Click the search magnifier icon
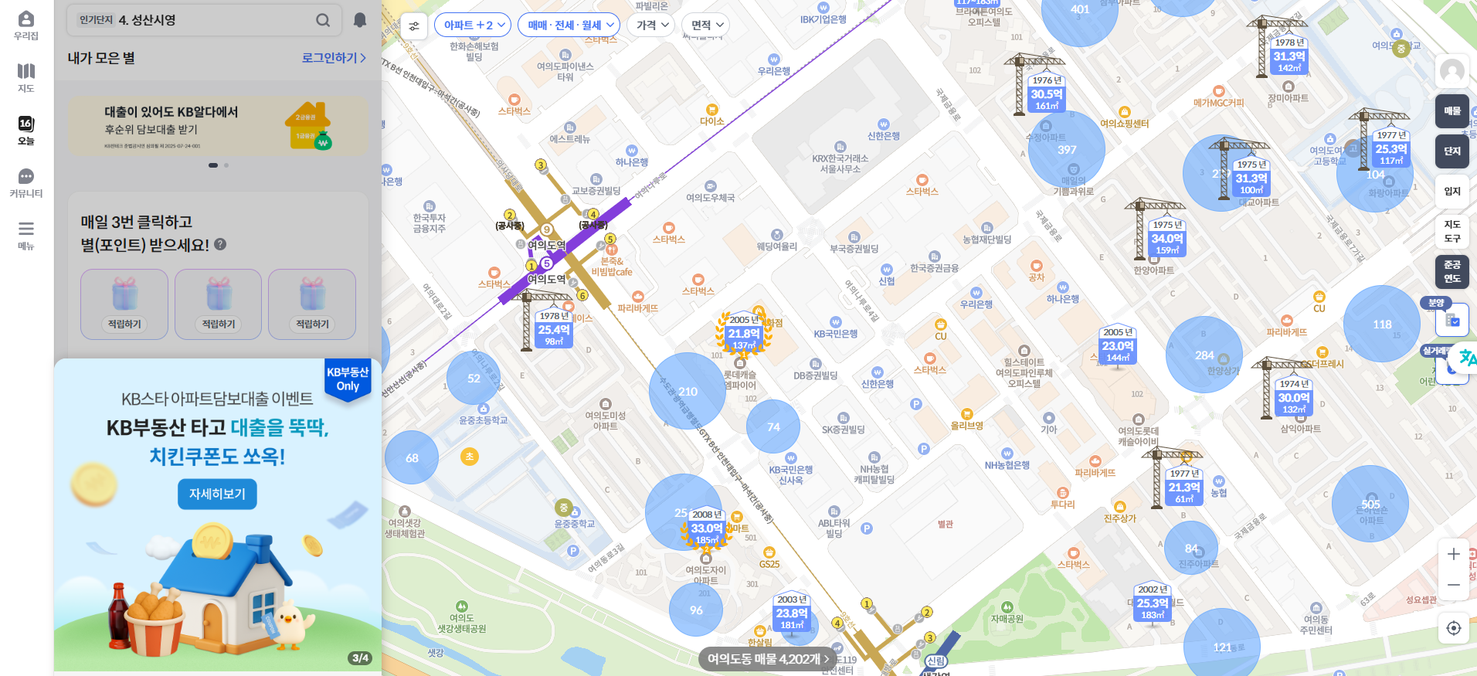pos(323,20)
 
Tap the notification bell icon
pos(360,20)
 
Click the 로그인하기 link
pos(333,58)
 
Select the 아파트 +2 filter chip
pos(473,25)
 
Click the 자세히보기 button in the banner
pos(217,494)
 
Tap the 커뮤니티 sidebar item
pos(26,183)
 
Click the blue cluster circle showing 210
pos(687,391)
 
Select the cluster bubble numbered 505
pos(1370,504)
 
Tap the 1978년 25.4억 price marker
pos(554,329)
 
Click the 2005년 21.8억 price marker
pos(744,333)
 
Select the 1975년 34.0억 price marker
pos(1166,238)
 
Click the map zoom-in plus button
pos(1453,554)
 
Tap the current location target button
pos(1453,628)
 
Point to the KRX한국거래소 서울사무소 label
pos(840,163)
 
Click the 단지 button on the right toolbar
pos(1452,151)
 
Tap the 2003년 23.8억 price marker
pos(792,613)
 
